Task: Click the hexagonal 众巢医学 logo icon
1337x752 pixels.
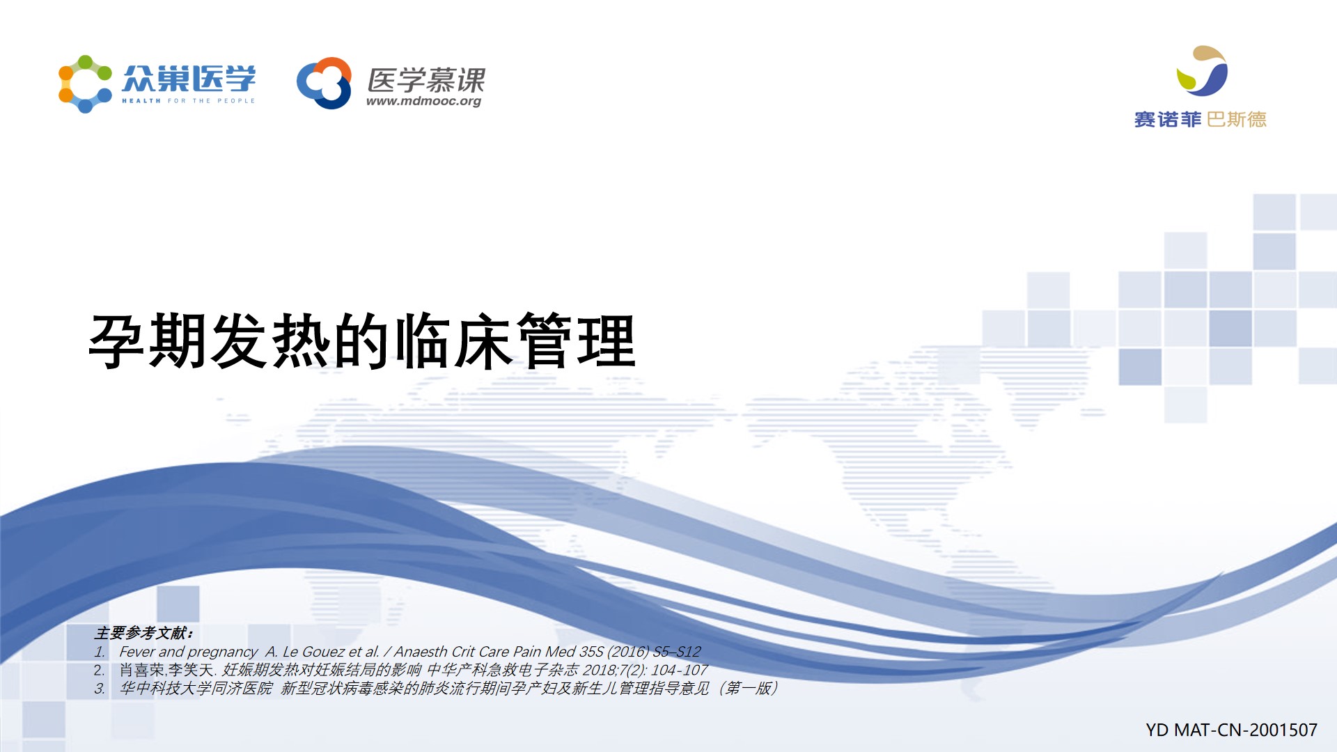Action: tap(85, 84)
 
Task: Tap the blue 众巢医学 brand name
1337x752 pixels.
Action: tap(189, 79)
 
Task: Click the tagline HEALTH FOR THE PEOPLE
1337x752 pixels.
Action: tap(189, 101)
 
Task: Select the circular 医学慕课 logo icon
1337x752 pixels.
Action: tap(324, 83)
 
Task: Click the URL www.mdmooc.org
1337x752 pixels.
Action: tap(423, 101)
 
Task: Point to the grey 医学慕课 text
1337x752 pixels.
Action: tap(426, 80)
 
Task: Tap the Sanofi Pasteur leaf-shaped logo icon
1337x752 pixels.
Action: tap(1202, 71)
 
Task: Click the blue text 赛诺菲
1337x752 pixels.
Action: tap(1168, 120)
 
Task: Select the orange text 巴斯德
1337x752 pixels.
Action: tap(1237, 120)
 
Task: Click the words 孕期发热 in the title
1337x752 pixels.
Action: tap(210, 341)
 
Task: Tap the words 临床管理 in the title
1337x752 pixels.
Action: tap(515, 341)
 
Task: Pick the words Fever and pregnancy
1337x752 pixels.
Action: tap(188, 652)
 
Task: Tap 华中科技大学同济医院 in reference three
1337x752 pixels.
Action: tap(196, 689)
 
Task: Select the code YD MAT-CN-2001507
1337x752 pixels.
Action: tap(1231, 730)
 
